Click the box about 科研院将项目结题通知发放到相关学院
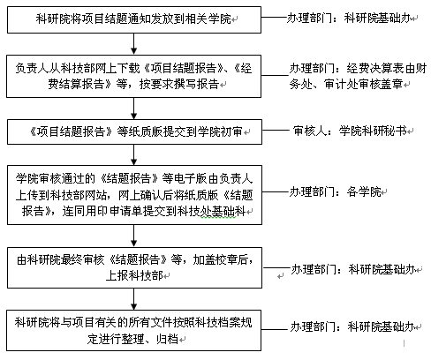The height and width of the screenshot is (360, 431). point(134,20)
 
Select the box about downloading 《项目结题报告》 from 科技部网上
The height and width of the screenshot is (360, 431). point(134,76)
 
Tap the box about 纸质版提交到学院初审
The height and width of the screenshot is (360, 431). point(134,131)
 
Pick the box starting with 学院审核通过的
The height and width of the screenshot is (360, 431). point(134,195)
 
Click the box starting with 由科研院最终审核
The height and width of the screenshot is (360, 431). point(134,267)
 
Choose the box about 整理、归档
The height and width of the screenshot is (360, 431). point(134,330)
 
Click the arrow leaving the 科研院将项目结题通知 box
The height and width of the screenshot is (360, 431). point(134,44)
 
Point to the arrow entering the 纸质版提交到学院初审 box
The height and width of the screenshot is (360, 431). point(134,109)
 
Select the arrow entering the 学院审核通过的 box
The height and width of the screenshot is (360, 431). point(134,154)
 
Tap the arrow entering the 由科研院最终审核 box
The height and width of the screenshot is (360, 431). point(134,236)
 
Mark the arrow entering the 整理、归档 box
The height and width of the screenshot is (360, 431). point(134,299)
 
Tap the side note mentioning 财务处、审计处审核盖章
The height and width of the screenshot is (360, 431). point(358,76)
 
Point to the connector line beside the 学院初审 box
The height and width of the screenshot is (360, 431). point(276,130)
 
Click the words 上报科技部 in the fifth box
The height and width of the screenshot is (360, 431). point(134,276)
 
